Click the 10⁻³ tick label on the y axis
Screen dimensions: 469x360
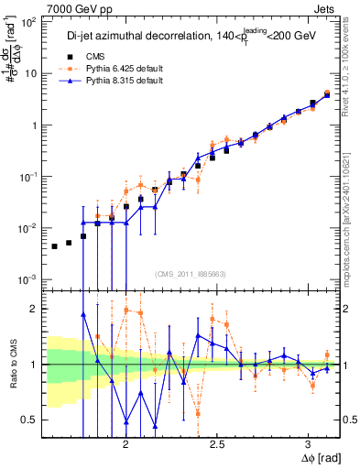pyautogui.click(x=29, y=278)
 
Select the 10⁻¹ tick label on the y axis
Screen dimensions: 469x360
pyautogui.click(x=29, y=176)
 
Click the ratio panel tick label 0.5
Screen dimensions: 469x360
pyautogui.click(x=33, y=420)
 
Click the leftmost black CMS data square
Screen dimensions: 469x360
pyautogui.click(x=55, y=246)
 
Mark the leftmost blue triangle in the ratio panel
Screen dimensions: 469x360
pyautogui.click(x=83, y=314)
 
